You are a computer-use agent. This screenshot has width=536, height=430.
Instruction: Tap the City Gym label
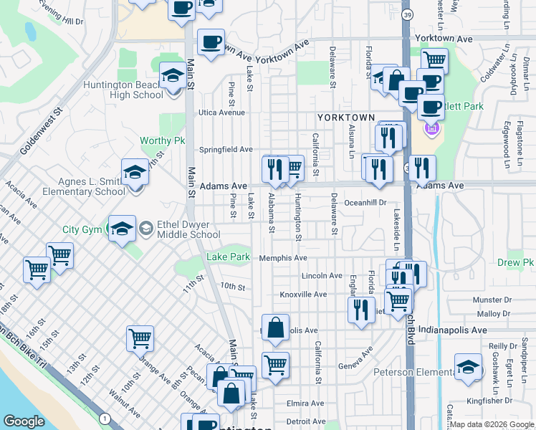pyautogui.click(x=80, y=230)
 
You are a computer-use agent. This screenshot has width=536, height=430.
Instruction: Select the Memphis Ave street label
pyautogui.click(x=283, y=258)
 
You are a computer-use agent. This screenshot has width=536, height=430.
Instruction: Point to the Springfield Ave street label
pyautogui.click(x=226, y=150)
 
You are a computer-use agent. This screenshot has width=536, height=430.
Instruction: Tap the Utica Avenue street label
pyautogui.click(x=222, y=113)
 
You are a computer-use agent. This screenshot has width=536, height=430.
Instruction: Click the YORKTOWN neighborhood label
pyautogui.click(x=346, y=117)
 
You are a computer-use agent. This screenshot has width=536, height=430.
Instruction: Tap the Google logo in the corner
pyautogui.click(x=24, y=421)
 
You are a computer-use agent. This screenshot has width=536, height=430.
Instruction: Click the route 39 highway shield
pyautogui.click(x=407, y=15)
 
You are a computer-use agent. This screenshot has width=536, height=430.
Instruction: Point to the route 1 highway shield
pyautogui.click(x=105, y=418)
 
